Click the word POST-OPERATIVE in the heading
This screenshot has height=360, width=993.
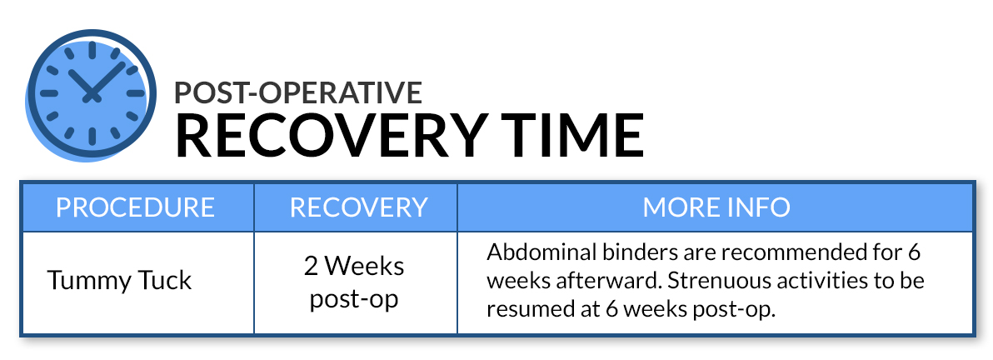point(298,92)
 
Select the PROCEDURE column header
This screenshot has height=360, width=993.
point(136,207)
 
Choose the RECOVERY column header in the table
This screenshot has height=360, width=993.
point(358,207)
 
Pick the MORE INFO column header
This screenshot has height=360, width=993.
point(716,207)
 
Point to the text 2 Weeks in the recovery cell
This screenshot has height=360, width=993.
point(353,266)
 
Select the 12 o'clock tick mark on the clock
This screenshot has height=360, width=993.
point(92,50)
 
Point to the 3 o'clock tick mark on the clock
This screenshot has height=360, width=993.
point(136,93)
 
